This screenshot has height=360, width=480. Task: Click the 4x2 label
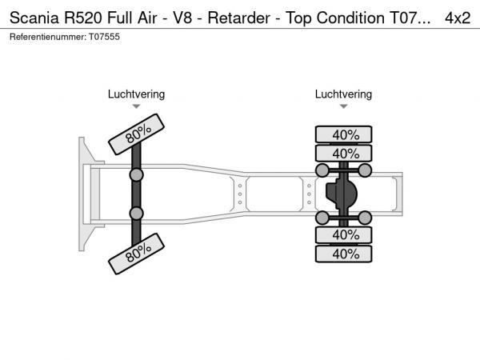[x=457, y=18]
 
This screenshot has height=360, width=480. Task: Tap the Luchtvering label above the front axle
[x=136, y=94]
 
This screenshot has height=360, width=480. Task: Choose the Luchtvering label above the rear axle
[x=343, y=94]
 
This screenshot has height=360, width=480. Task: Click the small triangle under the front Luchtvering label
[x=136, y=106]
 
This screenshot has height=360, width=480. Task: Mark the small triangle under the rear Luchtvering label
[x=343, y=106]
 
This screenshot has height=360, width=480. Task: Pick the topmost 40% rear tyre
[x=344, y=134]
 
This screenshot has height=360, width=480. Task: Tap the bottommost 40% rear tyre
[x=344, y=254]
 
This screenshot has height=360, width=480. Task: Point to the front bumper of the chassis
[x=82, y=194]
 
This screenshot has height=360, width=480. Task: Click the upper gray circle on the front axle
[x=136, y=174]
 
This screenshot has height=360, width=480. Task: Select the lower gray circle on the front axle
[x=136, y=213]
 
